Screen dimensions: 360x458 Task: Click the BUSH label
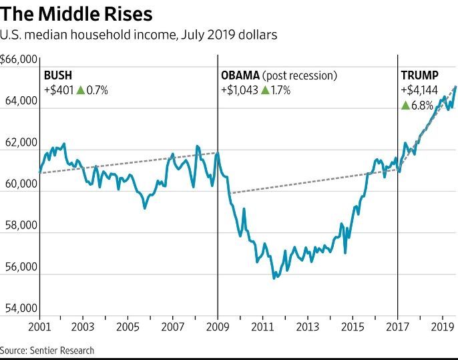click(x=57, y=75)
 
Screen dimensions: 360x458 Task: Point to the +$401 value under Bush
click(x=58, y=90)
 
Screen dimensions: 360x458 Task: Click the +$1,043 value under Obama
click(x=240, y=90)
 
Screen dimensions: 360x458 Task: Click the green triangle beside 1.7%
click(x=266, y=89)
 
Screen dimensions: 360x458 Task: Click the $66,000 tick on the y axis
click(x=19, y=60)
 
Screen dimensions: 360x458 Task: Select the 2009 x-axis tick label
click(x=218, y=327)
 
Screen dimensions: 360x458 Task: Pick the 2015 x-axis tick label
click(x=353, y=327)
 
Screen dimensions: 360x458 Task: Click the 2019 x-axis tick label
click(x=442, y=327)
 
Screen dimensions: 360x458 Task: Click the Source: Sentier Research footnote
click(x=47, y=350)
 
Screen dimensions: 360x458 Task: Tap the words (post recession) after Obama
click(x=300, y=75)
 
